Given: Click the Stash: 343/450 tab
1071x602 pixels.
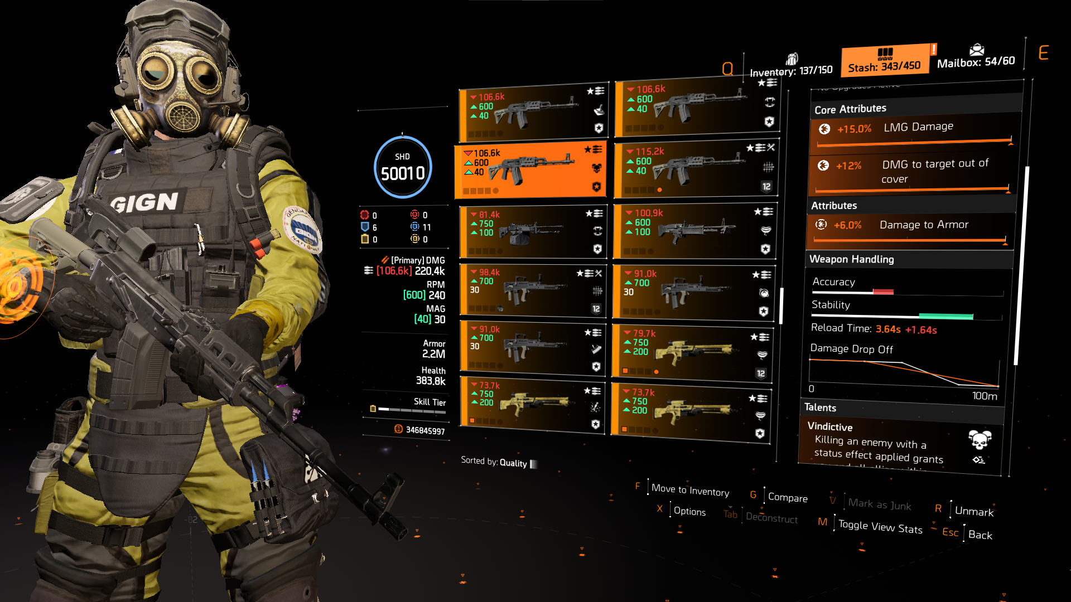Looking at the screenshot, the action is (x=885, y=61).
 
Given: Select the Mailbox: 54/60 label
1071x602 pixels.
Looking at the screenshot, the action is (x=976, y=61).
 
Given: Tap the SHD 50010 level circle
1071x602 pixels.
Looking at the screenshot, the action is (x=402, y=167).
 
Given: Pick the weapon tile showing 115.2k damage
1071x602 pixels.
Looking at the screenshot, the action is (x=695, y=169).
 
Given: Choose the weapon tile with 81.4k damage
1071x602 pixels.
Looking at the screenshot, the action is (x=532, y=231).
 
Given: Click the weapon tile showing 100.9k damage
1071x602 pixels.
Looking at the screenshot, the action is (x=694, y=231).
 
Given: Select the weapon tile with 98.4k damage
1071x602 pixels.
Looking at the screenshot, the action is (x=532, y=290).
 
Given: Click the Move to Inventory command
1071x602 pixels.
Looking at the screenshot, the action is (x=690, y=491).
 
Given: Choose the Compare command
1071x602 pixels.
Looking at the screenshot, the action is (x=788, y=497).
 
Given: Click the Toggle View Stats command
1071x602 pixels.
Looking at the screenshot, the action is (x=880, y=527).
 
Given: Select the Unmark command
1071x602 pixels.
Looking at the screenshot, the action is (x=974, y=511).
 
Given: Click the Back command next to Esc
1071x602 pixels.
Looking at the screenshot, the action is (x=980, y=535).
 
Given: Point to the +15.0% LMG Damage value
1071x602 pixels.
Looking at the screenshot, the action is (x=854, y=129).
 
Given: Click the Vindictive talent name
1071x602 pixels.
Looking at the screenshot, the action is (x=830, y=427).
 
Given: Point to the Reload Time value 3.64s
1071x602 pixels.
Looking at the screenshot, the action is (x=888, y=329).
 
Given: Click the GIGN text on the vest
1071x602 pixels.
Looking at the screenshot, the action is (x=144, y=202).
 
